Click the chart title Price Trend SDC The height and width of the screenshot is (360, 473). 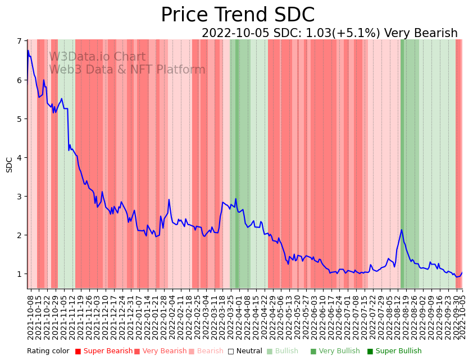(x=237, y=15)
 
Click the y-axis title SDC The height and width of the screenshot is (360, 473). (x=9, y=165)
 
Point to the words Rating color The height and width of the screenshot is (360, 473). (x=48, y=352)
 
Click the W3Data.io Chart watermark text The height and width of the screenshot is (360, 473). (x=97, y=57)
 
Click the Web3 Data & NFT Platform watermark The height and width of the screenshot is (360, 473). (x=127, y=70)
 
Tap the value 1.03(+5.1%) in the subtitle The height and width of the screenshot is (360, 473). (x=344, y=34)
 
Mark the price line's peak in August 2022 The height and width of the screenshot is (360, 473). (x=402, y=230)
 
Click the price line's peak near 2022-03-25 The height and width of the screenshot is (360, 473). (x=236, y=199)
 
